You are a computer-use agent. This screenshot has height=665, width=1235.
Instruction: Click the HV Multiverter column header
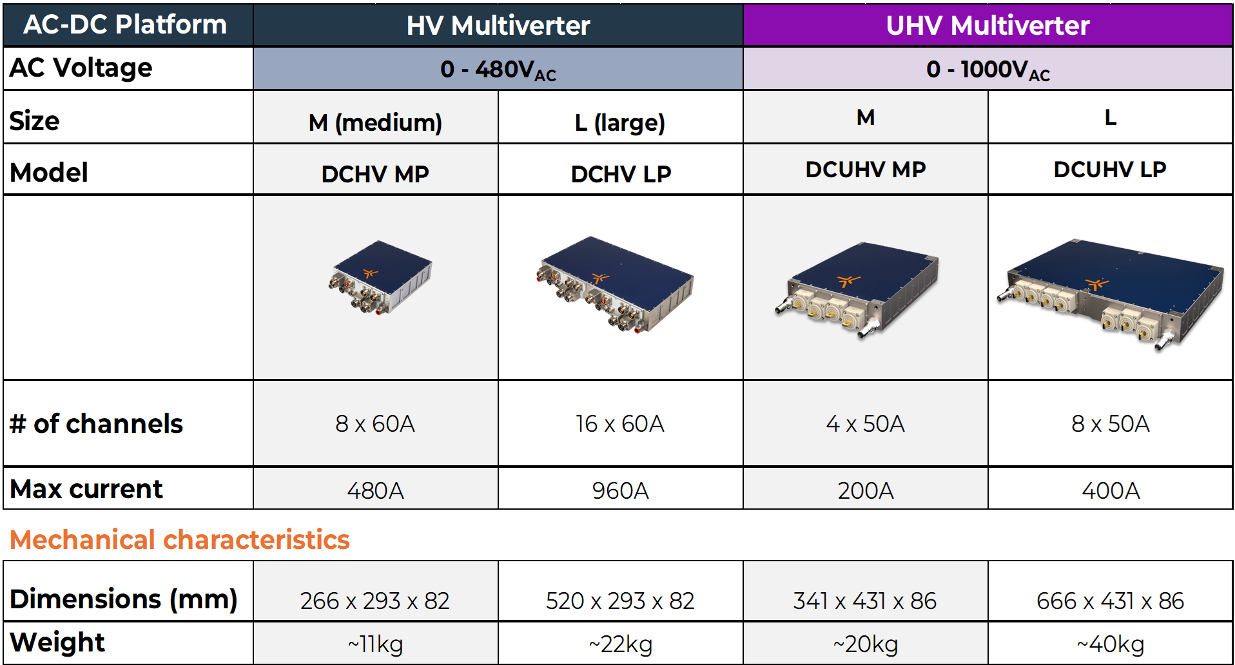click(498, 26)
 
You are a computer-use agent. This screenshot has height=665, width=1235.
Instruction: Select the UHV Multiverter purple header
click(987, 26)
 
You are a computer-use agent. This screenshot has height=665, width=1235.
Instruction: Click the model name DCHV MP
click(375, 174)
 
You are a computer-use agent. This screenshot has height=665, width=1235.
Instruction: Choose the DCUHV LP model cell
click(1110, 169)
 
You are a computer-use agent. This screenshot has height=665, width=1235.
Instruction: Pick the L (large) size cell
click(620, 122)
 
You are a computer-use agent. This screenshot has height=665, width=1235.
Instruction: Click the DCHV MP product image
click(380, 277)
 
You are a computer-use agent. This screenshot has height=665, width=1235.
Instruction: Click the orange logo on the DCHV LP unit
click(601, 278)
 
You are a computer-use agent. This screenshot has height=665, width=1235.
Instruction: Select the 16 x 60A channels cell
click(620, 424)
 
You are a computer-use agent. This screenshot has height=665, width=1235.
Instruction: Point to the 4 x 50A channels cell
click(865, 424)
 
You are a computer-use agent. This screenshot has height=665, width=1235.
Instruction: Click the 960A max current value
click(620, 491)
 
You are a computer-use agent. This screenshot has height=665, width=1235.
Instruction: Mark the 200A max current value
click(865, 491)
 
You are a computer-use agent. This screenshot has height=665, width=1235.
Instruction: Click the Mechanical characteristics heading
click(180, 540)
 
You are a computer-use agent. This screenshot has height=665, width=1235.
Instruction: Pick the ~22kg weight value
click(620, 644)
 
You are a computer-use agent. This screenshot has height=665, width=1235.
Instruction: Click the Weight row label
click(57, 642)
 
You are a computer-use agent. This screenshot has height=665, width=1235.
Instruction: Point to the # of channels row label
click(97, 424)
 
